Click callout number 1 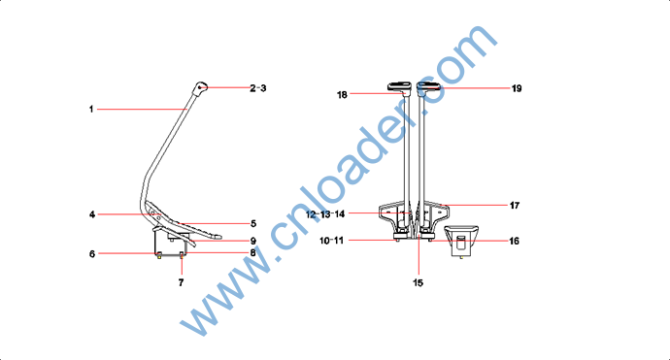(91, 110)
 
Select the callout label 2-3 (258, 88)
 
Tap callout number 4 (92, 214)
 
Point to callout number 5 (253, 224)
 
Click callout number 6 (92, 254)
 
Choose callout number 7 (182, 282)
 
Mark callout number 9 (253, 242)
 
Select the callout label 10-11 (331, 241)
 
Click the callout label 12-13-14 (325, 213)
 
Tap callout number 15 (418, 282)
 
